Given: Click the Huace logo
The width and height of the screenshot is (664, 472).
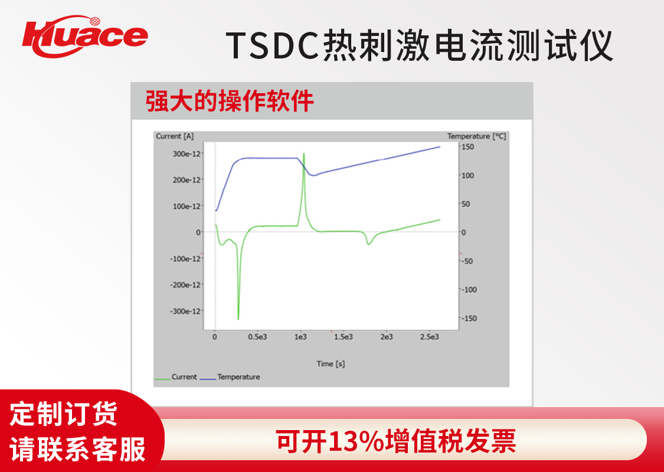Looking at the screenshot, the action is [x=84, y=36].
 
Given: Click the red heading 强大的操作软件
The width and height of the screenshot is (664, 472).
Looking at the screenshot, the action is [x=230, y=101].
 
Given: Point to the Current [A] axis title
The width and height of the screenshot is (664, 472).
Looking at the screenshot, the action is [x=175, y=136].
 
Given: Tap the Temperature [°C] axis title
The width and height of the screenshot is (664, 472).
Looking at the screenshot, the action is [x=476, y=136].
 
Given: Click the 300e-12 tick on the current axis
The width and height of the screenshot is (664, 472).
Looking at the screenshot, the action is [x=186, y=153].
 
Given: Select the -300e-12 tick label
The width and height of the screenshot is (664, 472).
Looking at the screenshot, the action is [x=185, y=311].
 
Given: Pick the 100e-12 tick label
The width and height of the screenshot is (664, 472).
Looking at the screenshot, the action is [x=186, y=206].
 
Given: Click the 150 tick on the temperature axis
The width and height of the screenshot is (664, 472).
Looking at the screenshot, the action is [x=468, y=147].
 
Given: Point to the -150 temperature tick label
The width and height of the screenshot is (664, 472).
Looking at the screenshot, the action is [x=469, y=319].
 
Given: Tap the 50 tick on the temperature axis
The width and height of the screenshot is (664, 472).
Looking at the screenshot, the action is [x=466, y=204].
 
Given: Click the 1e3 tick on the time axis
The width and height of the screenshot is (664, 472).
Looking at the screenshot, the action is [x=300, y=337].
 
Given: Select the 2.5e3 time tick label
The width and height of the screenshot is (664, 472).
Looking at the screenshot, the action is [x=430, y=337].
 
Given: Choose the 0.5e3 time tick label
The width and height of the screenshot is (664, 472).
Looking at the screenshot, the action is [x=257, y=337].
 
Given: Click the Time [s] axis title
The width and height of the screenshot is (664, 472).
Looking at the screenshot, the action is [x=331, y=363].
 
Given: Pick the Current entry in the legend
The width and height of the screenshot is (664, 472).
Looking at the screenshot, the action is [x=176, y=377].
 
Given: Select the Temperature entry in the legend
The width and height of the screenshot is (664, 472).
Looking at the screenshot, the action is [x=230, y=377].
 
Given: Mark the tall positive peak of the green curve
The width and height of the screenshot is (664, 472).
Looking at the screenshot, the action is [x=303, y=154].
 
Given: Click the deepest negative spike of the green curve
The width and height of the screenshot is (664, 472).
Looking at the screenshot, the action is [x=238, y=319].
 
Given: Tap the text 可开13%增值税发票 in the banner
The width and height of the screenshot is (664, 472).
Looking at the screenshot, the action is [x=396, y=441].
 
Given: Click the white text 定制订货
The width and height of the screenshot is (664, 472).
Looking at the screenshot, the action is [x=64, y=415].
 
